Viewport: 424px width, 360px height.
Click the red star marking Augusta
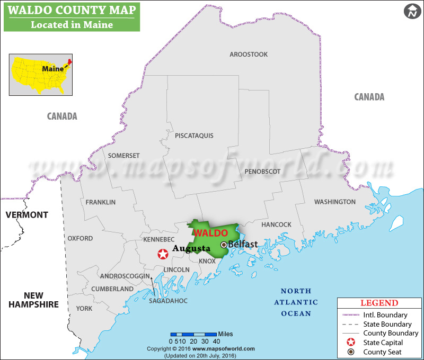163,255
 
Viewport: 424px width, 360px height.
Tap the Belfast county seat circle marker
224,245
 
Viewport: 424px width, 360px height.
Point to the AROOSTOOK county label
249,55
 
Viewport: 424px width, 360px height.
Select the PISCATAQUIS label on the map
194,136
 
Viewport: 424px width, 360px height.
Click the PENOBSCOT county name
262,172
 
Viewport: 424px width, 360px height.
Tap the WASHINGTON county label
335,202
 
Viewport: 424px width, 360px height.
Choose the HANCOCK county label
277,224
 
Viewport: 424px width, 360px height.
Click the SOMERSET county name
123,156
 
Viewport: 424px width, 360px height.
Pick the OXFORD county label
80,238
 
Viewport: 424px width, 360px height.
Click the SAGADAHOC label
169,301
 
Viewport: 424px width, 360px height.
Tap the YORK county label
84,308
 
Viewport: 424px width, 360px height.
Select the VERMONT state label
26,215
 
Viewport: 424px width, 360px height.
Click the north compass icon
411,11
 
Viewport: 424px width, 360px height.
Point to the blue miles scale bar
193,334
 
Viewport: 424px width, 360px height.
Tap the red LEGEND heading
379,303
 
